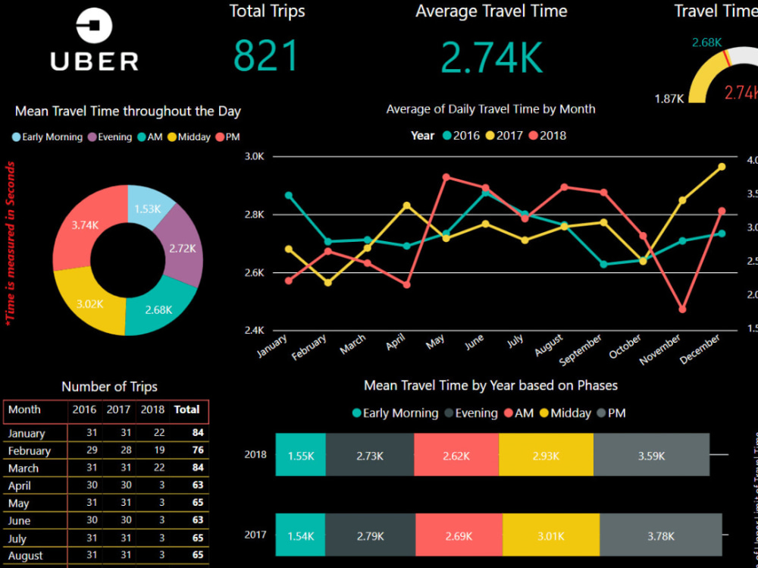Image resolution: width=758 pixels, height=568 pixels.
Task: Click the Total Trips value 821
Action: [266, 56]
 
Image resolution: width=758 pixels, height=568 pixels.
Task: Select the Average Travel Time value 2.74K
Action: [491, 58]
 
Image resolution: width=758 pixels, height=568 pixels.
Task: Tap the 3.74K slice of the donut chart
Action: [84, 225]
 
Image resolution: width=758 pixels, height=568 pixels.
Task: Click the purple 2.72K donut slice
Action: [182, 247]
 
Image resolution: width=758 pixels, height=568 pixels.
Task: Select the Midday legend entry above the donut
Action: [189, 137]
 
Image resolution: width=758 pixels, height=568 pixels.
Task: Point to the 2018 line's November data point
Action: [682, 309]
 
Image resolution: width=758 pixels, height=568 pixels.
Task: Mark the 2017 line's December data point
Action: [722, 167]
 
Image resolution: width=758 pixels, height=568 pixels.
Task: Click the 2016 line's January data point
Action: [289, 195]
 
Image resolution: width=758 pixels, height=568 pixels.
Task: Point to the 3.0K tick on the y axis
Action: [255, 156]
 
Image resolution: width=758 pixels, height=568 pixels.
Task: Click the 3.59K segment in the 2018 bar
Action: [651, 456]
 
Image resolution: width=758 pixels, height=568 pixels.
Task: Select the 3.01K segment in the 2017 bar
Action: [550, 536]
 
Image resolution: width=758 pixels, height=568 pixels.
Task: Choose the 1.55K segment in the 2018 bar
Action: [300, 456]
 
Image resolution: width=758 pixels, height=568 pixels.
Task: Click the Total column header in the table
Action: [186, 410]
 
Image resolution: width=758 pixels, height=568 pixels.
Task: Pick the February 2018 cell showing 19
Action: [152, 450]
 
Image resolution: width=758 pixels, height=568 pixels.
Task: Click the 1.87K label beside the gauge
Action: [670, 99]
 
